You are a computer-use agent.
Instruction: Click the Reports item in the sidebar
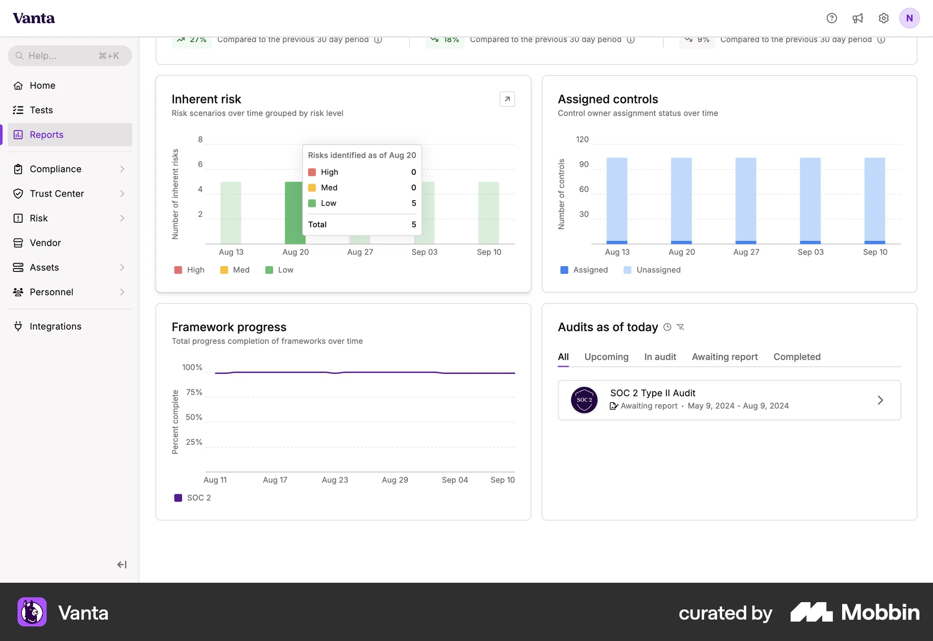[46, 135]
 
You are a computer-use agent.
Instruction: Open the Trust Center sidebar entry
[57, 194]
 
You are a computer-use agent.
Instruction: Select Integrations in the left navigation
[55, 326]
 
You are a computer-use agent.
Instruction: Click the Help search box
[69, 56]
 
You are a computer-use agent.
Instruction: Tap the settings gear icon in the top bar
[883, 18]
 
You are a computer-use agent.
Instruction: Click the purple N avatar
[909, 18]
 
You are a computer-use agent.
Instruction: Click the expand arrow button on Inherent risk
[507, 99]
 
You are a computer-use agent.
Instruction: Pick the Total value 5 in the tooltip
[414, 224]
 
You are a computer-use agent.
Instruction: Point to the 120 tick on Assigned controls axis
[582, 139]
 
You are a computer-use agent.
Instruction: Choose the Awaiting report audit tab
[725, 357]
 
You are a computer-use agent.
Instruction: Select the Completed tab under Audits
[797, 357]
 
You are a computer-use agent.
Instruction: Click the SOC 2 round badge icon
[584, 400]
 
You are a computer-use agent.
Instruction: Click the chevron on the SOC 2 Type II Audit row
[880, 400]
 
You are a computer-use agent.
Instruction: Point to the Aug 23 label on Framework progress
[335, 480]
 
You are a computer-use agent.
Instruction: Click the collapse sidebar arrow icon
[121, 564]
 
